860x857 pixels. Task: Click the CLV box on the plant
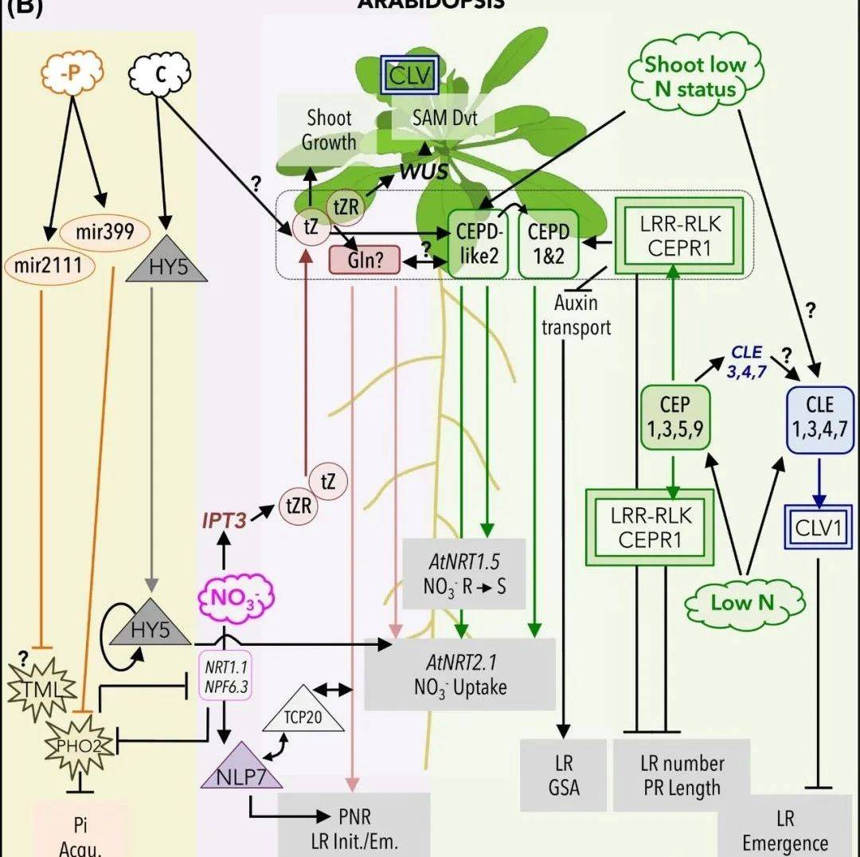[x=408, y=77]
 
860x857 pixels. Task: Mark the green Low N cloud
[x=741, y=602]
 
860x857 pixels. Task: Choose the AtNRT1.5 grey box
[x=464, y=573]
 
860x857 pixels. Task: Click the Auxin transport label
[x=576, y=315]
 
